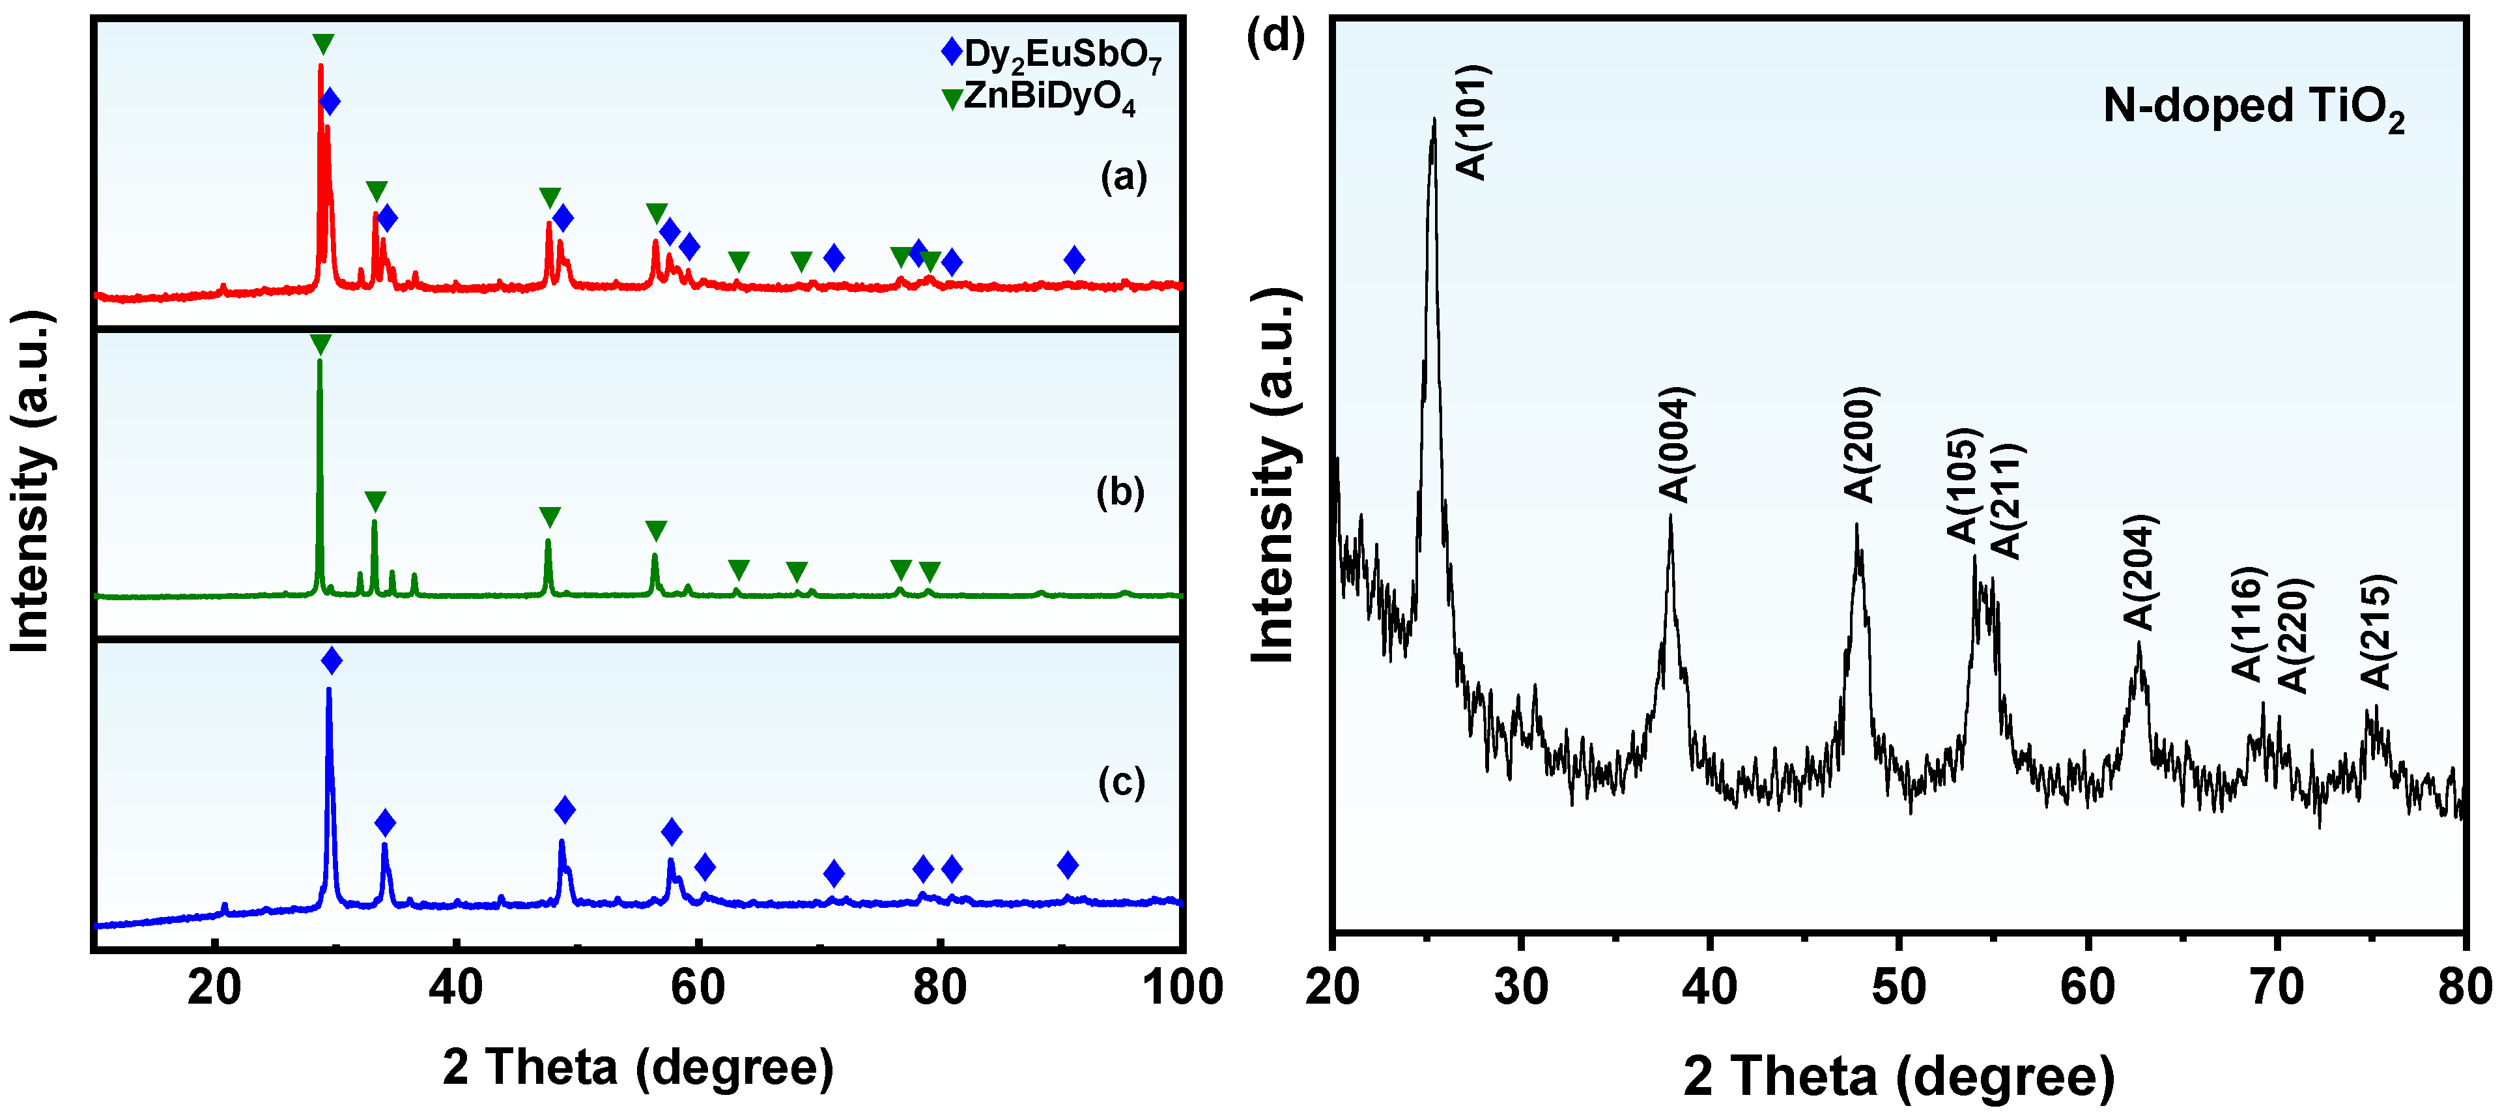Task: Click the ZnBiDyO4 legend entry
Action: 1039,99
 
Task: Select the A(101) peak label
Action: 1472,123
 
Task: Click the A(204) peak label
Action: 2140,573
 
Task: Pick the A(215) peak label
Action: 2376,632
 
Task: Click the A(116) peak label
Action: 2247,624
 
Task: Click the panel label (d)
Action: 1275,37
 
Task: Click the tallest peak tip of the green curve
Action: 320,361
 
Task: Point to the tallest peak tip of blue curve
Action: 329,690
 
